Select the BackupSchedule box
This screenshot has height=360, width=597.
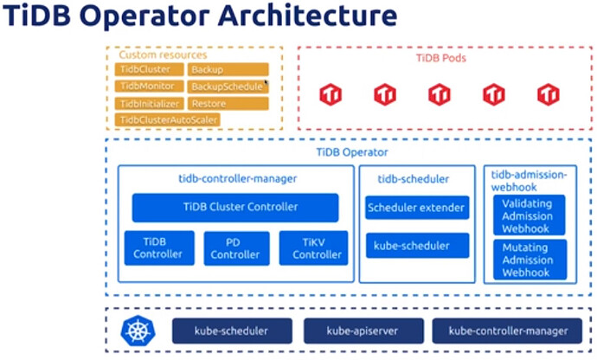coord(228,87)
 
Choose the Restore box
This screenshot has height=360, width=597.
coord(228,103)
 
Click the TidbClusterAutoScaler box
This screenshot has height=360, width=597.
coord(169,119)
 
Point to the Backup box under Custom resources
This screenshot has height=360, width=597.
coord(228,69)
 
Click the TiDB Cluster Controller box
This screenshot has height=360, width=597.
coord(235,208)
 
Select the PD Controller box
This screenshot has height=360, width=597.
coord(235,248)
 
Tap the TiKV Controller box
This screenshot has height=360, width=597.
coord(312,248)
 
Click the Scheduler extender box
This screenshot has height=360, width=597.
coord(418,208)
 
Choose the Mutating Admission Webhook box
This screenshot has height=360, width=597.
coord(529,260)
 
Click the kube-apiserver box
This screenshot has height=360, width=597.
coord(363,331)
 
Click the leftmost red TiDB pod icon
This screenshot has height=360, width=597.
coord(331,94)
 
